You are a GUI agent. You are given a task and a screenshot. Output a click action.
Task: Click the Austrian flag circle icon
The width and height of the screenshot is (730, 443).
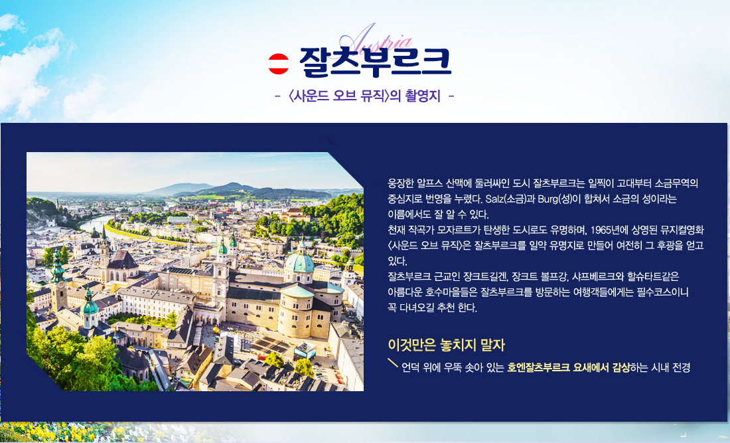[279, 63]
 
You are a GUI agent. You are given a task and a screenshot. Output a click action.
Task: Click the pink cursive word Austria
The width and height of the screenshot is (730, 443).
[376, 39]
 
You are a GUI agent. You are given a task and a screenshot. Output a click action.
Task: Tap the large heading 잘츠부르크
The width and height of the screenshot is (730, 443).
[375, 62]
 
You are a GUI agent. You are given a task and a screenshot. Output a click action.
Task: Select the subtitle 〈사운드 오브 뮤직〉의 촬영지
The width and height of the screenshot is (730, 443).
[364, 96]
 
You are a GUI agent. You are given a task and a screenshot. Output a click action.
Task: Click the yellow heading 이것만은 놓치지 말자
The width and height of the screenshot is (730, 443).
[446, 345]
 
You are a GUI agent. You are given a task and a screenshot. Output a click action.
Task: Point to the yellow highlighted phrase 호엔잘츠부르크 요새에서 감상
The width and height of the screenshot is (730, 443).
[569, 367]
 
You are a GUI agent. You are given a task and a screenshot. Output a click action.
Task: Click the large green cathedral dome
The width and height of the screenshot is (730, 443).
[299, 262]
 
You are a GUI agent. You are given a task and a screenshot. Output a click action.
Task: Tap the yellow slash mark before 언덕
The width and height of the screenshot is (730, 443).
[393, 363]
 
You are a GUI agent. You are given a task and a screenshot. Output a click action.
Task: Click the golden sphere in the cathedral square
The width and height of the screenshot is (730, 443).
[216, 330]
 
